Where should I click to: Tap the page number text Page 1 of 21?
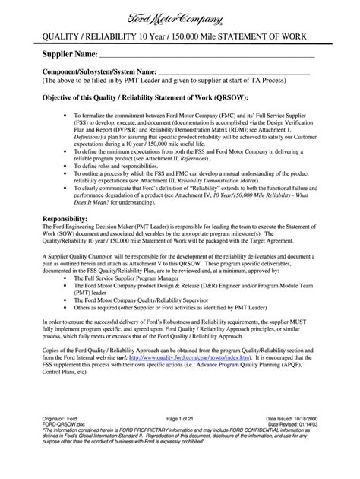pyautogui.click(x=181, y=440)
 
